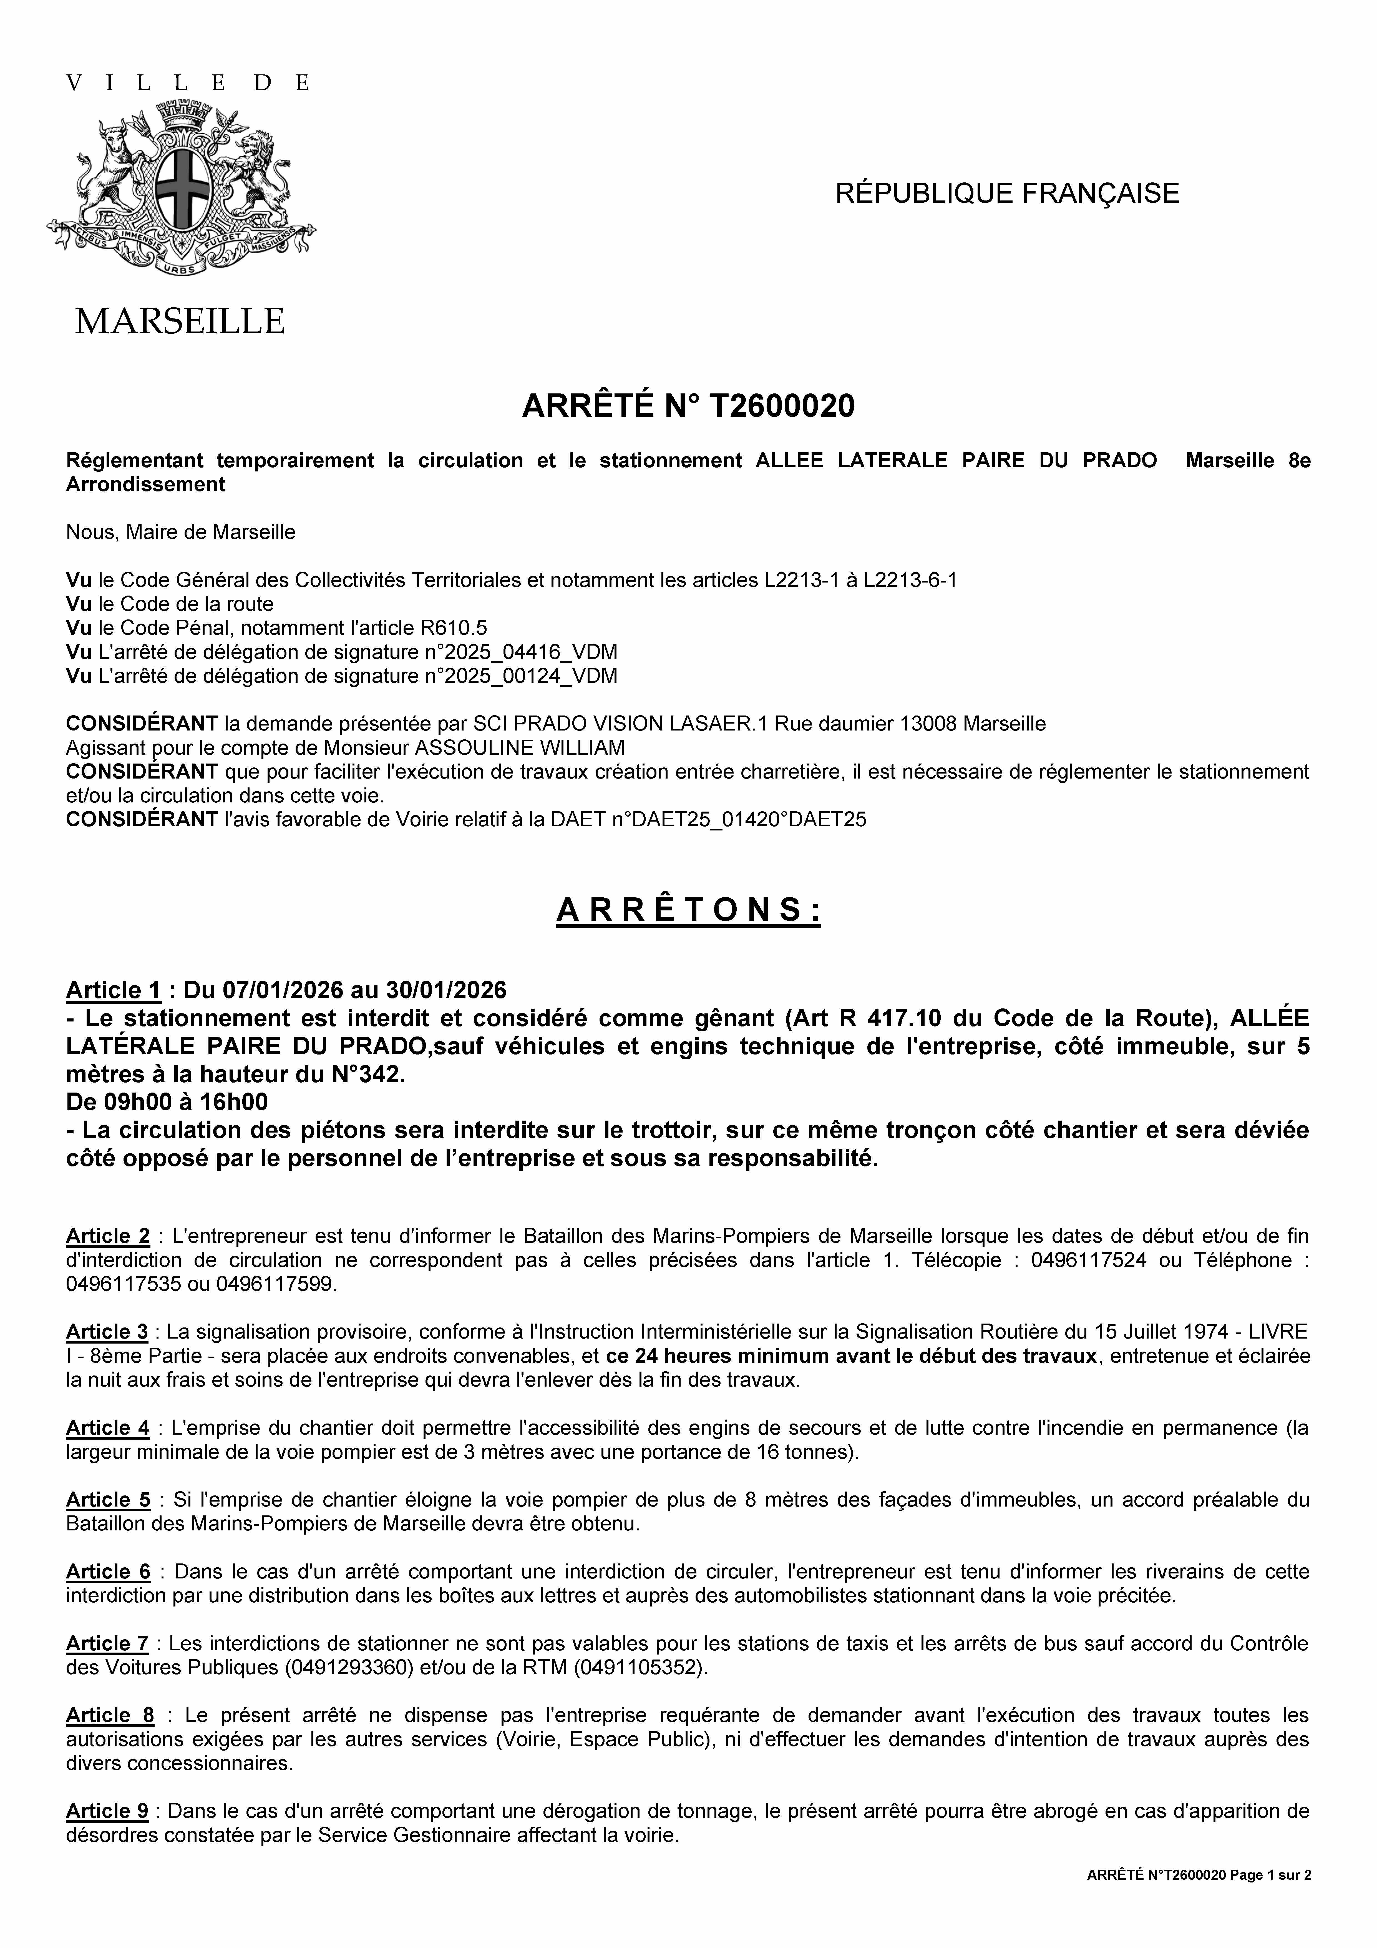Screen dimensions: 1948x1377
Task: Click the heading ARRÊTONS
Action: coord(688,910)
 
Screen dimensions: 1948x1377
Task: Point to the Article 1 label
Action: coord(114,990)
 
